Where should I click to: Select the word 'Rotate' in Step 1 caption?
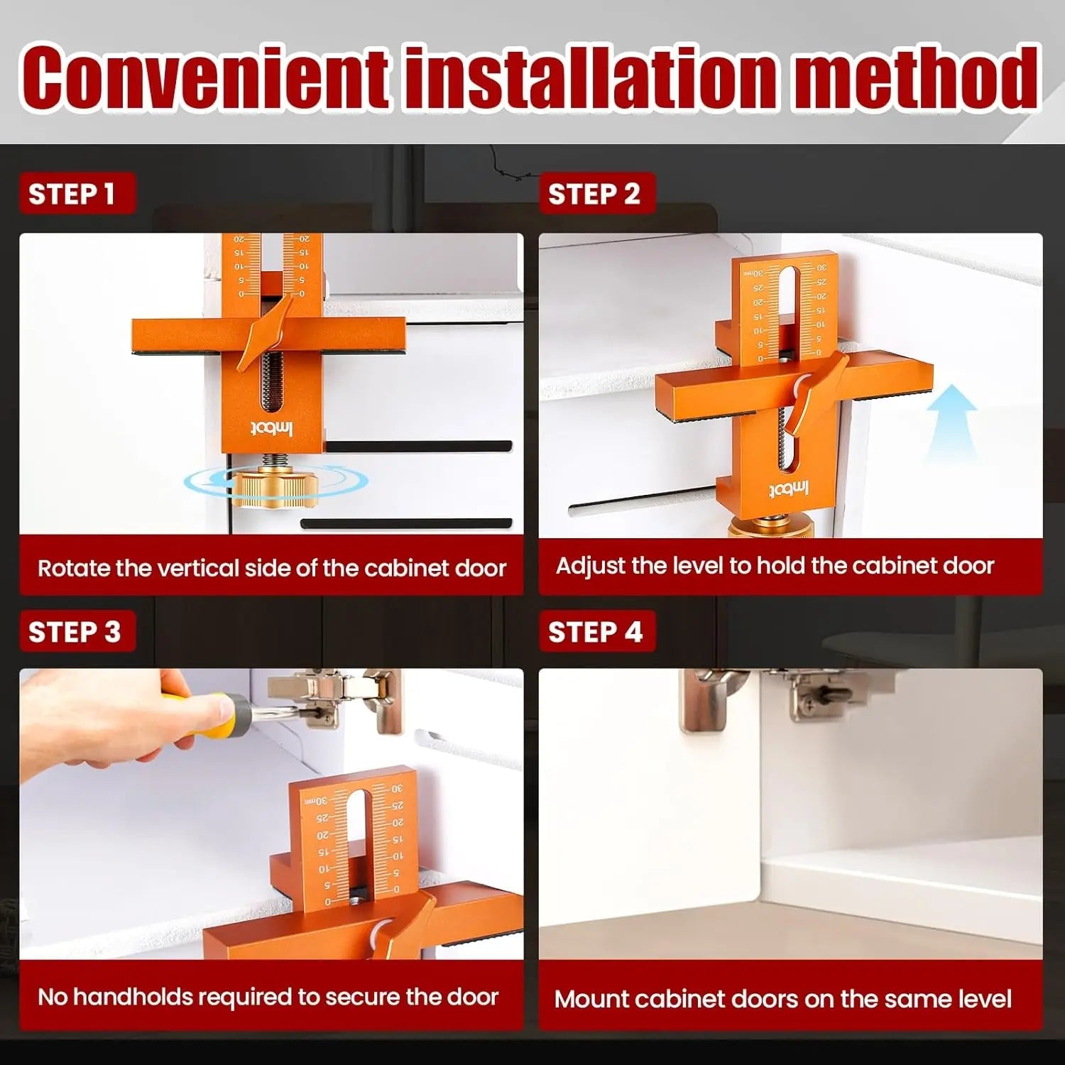point(74,569)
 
